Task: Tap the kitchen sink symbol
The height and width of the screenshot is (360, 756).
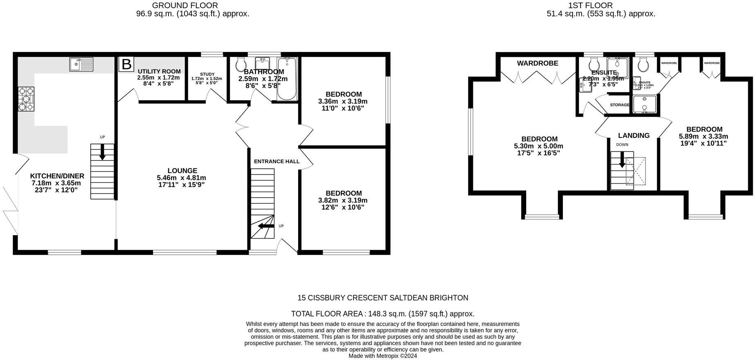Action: [x=81, y=64]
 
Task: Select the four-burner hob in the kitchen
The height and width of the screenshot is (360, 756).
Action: [x=26, y=99]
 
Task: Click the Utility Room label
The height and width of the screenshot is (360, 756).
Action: [x=159, y=72]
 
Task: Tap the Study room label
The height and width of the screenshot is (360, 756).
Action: [x=207, y=74]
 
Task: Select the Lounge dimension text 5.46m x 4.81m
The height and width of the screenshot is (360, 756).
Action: [x=181, y=178]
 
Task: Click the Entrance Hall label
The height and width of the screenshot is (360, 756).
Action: [x=277, y=162]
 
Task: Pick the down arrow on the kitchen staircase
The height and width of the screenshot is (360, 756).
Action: [x=102, y=152]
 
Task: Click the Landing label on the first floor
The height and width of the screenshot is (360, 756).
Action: [x=634, y=135]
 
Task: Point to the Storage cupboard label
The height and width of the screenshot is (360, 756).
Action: [x=619, y=105]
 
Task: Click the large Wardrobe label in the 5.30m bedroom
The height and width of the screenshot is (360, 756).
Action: [x=537, y=63]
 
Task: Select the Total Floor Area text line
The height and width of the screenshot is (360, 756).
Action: [x=382, y=314]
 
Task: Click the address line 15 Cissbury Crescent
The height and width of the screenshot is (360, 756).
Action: [x=382, y=298]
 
